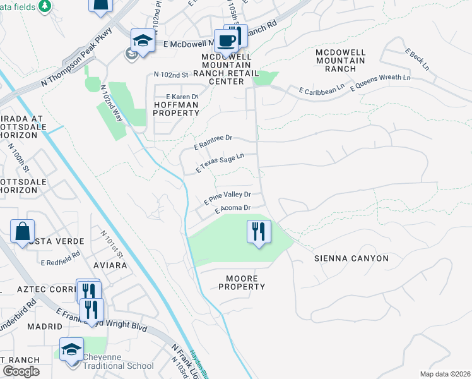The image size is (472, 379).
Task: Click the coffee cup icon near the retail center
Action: pos(226,42)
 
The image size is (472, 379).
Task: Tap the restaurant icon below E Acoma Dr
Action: pos(259,232)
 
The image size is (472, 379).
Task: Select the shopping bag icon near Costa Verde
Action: pos(23,232)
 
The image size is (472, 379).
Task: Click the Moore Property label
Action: pos(242,282)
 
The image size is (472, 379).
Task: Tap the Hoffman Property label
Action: pos(175,108)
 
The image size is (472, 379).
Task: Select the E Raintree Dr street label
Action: pos(214,141)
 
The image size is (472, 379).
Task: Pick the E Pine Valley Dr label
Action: pos(227,198)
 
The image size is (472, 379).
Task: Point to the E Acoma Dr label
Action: pos(233,208)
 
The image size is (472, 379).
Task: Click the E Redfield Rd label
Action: pos(61,258)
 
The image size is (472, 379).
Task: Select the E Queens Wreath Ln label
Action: pos(381,83)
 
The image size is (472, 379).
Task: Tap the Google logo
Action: pos(21,371)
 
